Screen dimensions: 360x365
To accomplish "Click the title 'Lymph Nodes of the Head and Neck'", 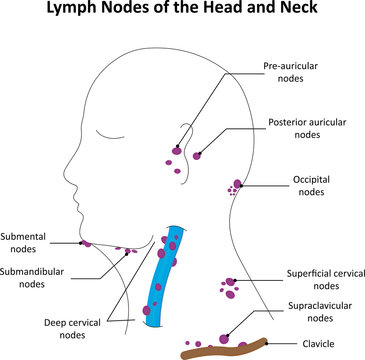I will (x=182, y=13).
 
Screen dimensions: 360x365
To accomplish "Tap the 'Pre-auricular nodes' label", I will (x=291, y=73).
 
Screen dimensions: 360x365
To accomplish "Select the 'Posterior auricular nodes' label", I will (x=308, y=128).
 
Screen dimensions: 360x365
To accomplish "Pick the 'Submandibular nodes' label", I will (x=37, y=275).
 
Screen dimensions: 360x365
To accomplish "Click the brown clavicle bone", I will (x=225, y=348).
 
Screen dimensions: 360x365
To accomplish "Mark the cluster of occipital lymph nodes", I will (x=234, y=187).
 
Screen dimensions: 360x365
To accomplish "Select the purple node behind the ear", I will (x=197, y=155).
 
